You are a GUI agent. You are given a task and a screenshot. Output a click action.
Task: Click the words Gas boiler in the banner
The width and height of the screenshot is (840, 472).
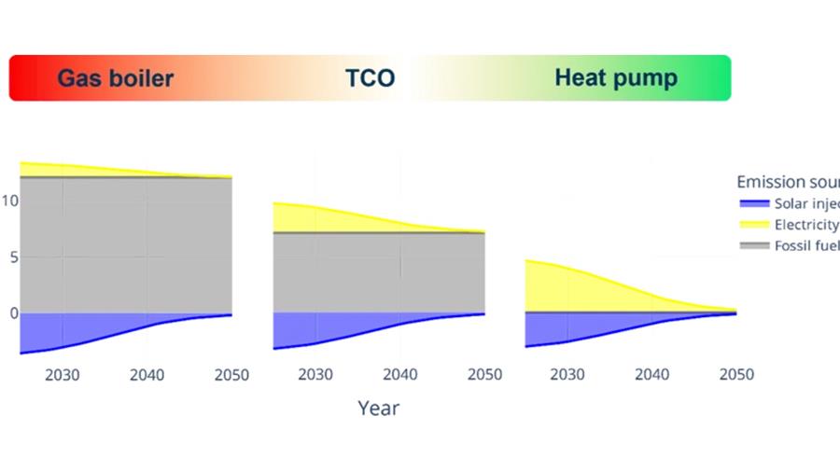tap(116, 77)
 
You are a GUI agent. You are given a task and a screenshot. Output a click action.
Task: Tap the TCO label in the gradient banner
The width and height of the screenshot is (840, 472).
tap(371, 78)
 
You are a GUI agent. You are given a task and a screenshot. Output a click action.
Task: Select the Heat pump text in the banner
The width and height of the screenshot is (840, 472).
tap(616, 77)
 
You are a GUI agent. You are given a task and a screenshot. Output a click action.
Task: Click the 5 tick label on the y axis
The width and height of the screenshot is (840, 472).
tap(13, 257)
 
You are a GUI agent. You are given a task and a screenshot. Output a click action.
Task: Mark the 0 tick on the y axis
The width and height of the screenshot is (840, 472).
tap(13, 313)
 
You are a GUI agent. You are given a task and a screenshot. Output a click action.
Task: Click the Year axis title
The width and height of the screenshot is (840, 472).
tap(378, 408)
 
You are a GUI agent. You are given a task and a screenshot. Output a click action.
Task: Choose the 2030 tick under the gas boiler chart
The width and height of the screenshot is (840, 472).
tap(63, 375)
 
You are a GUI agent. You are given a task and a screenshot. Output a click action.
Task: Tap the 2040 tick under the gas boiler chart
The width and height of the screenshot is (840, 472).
tap(147, 375)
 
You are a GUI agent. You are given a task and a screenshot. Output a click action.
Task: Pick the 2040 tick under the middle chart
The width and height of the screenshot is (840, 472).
tap(400, 375)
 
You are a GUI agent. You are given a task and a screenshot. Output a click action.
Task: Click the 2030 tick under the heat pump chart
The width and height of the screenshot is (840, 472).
tap(567, 375)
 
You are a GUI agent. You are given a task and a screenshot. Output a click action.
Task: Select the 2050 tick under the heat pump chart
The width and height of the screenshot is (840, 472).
tap(735, 375)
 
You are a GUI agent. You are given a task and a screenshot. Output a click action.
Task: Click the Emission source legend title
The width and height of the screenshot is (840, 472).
tap(787, 182)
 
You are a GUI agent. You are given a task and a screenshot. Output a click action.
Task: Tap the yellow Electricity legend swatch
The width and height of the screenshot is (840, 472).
tap(753, 225)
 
